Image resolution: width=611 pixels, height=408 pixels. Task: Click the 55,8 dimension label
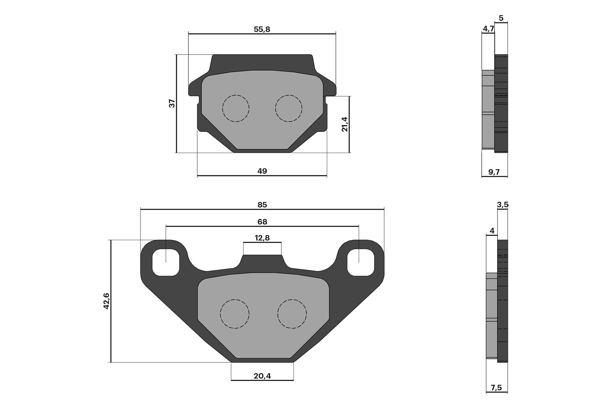(262, 29)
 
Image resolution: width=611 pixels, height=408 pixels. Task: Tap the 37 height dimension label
(172, 103)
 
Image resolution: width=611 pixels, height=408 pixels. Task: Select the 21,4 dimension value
(344, 124)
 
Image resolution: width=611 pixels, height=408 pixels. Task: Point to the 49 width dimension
(262, 171)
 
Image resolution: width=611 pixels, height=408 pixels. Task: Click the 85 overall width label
(262, 205)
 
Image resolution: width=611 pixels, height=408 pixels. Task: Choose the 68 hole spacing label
(262, 222)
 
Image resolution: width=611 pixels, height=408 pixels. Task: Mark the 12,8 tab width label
(262, 238)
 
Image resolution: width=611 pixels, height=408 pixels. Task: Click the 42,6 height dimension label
(106, 301)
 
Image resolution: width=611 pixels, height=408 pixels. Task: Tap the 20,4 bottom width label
(262, 376)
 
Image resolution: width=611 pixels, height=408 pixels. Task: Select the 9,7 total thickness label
(494, 172)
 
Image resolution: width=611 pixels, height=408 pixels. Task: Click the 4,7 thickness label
(488, 29)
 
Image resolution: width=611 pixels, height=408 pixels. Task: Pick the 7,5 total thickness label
(496, 388)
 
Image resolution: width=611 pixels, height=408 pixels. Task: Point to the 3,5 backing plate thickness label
(503, 205)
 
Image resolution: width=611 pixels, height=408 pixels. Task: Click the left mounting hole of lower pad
(166, 262)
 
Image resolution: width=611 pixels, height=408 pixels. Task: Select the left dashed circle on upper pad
(236, 108)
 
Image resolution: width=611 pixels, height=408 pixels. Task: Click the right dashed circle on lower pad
(292, 314)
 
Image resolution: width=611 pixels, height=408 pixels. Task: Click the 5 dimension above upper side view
(501, 18)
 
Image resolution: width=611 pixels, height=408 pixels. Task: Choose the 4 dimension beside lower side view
(492, 231)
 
